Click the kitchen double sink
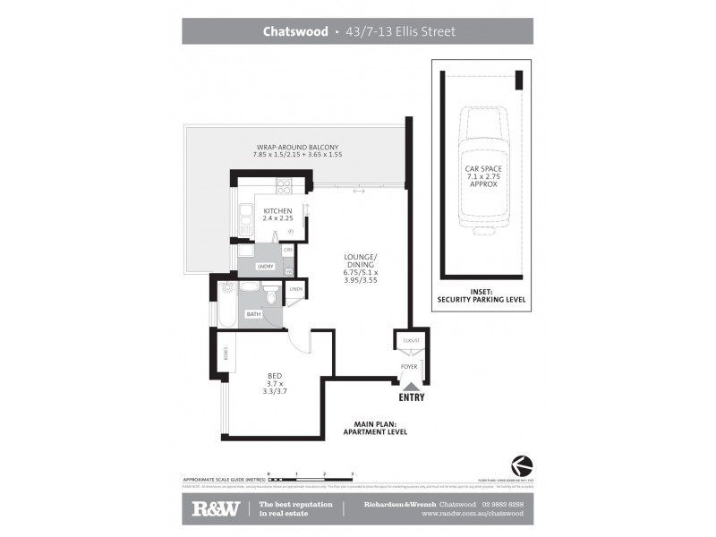tap(245, 218)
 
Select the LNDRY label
tap(264, 267)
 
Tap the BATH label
tap(254, 314)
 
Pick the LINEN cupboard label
tap(296, 289)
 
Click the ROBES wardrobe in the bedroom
tap(226, 354)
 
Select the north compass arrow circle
tap(520, 465)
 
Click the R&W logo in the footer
tap(215, 508)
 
